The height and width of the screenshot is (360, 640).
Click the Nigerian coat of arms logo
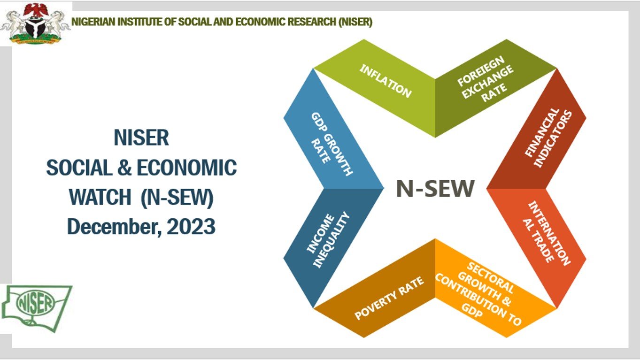pyautogui.click(x=35, y=23)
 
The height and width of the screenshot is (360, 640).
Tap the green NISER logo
pyautogui.click(x=37, y=308)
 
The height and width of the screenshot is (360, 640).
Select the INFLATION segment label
pyautogui.click(x=386, y=81)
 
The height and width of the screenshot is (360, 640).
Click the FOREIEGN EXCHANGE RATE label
pyautogui.click(x=486, y=79)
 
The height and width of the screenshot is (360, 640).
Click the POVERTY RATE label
pyautogui.click(x=389, y=298)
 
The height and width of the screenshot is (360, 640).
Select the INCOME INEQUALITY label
pyautogui.click(x=328, y=240)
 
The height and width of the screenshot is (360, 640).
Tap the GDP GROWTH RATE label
pyautogui.click(x=332, y=144)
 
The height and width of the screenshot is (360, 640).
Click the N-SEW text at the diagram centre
pyautogui.click(x=435, y=188)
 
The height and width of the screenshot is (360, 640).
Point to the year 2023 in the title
pyautogui.click(x=191, y=226)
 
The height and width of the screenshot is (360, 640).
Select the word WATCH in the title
pyautogui.click(x=100, y=197)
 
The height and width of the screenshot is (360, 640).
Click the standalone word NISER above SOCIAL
pyautogui.click(x=141, y=138)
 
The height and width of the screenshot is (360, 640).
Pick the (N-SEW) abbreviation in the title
pyautogui.click(x=177, y=198)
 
